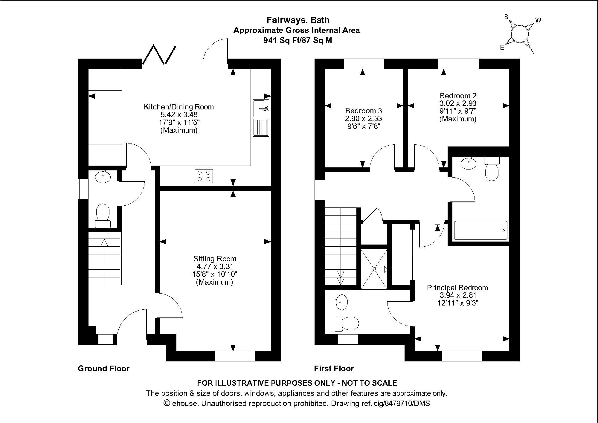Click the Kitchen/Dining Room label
(x=179, y=107)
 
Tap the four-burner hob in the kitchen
(x=204, y=176)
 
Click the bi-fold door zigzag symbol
(x=159, y=55)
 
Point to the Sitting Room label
(x=214, y=259)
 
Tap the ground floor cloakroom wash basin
(x=103, y=177)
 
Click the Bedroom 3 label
(x=363, y=110)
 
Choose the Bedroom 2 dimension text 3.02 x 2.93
(x=458, y=103)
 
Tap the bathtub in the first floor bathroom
(x=480, y=230)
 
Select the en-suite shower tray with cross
(x=374, y=269)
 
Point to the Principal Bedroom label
(x=457, y=288)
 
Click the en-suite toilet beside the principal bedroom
(x=347, y=323)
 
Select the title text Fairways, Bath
(x=298, y=20)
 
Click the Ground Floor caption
(x=103, y=368)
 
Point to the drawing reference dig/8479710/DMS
(x=402, y=403)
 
